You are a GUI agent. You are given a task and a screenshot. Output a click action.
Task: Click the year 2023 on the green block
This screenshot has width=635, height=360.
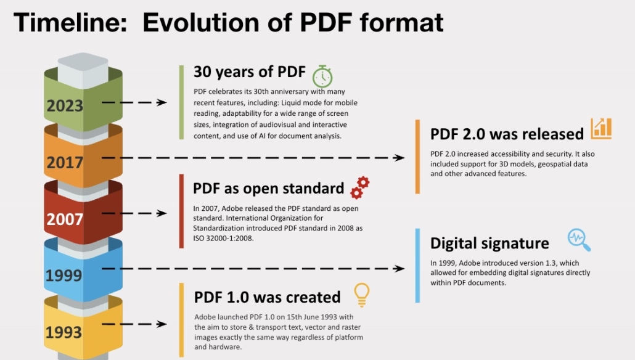click(65, 105)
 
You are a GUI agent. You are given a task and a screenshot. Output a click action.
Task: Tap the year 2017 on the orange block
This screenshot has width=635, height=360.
click(65, 162)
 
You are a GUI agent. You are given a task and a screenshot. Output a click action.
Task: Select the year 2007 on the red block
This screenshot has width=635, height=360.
click(65, 219)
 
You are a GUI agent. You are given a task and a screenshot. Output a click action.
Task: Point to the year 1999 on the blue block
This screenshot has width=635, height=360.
click(63, 276)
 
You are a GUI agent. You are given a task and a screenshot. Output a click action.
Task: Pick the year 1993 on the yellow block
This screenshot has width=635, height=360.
click(63, 332)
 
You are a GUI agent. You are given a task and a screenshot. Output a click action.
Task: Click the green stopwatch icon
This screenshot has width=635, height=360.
click(322, 76)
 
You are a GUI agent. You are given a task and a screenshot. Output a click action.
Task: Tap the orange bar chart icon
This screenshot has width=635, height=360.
click(601, 129)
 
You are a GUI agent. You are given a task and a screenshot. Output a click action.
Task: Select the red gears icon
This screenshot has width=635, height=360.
click(359, 187)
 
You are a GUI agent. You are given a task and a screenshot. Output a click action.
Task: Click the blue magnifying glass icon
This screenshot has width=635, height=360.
click(579, 240)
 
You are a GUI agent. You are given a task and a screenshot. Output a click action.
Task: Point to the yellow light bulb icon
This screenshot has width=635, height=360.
click(362, 295)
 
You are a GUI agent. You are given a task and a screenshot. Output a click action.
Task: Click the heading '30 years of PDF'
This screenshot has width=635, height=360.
click(250, 72)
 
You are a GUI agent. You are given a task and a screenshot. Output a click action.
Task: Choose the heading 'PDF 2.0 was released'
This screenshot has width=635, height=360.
click(507, 134)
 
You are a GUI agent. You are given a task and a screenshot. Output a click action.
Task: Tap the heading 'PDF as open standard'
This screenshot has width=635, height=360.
click(269, 188)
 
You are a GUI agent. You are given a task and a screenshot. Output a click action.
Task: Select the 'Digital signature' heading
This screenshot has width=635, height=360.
click(490, 243)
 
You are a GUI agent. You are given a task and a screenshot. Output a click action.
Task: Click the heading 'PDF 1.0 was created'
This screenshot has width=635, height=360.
click(268, 297)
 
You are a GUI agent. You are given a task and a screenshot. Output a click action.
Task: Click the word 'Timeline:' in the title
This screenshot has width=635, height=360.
click(70, 22)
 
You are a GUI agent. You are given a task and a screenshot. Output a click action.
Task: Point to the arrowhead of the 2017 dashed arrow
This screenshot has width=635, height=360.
click(399, 158)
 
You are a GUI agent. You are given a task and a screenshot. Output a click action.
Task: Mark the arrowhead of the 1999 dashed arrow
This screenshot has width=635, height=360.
click(399, 269)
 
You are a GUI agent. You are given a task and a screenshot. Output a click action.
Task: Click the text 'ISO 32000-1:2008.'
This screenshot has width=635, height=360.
click(223, 238)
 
